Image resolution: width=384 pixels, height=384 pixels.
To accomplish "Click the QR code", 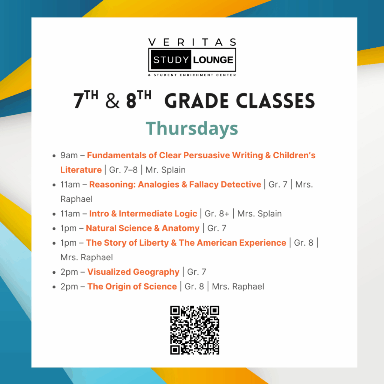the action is pos(195,330).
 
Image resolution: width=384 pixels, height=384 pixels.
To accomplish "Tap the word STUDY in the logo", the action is pos(171,60).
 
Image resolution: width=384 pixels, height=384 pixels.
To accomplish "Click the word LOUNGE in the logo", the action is pos(213,60).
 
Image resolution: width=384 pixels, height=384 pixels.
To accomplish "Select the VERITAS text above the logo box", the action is pos(192,42).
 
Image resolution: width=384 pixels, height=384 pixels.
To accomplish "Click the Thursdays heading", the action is pos(192,129).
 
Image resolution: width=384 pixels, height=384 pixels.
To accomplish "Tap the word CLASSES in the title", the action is pos(275,101).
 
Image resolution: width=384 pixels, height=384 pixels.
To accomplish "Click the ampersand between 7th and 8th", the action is pos(112,101).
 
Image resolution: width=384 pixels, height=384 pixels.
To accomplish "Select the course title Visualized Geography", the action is pos(133,272).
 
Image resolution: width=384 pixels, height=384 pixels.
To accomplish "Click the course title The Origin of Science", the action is pos(132,286).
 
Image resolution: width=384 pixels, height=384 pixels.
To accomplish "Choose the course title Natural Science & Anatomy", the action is pos(142,228).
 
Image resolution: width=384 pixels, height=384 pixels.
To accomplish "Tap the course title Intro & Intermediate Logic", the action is pos(143,213).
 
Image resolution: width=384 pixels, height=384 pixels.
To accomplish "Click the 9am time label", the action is pos(69,155).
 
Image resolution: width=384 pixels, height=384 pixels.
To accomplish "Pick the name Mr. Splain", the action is pos(165,170).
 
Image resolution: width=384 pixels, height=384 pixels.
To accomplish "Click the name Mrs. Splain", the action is pos(259,213).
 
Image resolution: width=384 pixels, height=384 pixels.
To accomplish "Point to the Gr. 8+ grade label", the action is pos(217,213).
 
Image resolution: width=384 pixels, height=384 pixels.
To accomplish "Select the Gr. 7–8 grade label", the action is pos(123,170).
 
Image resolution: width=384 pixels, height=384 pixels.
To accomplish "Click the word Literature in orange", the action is pos(81,170).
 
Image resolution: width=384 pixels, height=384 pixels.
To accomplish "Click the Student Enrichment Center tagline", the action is pos(192,75).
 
